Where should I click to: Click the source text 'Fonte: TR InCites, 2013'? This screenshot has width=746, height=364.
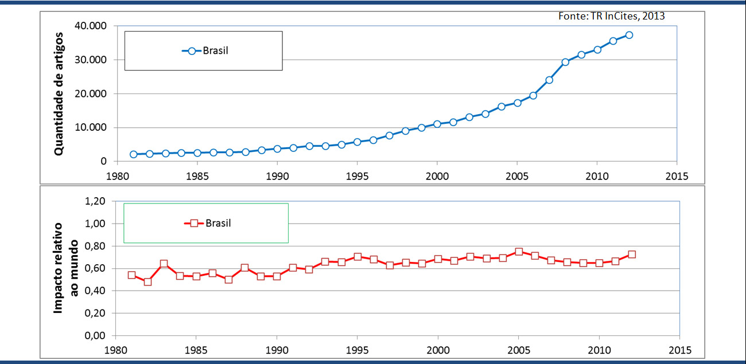(611, 16)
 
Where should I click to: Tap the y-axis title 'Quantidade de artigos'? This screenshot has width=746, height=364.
(59, 94)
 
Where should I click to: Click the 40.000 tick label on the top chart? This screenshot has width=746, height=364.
(91, 26)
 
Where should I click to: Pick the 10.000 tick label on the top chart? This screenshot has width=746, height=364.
(91, 128)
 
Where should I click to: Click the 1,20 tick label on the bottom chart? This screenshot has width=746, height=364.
(95, 201)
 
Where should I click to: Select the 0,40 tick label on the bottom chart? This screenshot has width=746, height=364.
(95, 291)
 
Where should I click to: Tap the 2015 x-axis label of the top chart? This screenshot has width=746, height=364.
(677, 175)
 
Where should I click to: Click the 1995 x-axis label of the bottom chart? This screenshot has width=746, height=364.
(357, 349)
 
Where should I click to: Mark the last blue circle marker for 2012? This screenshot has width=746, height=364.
(629, 35)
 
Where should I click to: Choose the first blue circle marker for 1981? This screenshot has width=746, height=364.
(133, 154)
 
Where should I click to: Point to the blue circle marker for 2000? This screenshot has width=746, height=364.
(437, 124)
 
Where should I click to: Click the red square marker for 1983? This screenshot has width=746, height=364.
(164, 264)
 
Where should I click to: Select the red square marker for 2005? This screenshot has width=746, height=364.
(519, 252)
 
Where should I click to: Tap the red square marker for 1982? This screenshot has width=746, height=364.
(147, 281)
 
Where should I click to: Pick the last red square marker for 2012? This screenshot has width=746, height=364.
(632, 255)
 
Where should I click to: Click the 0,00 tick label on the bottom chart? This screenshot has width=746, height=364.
(95, 336)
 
